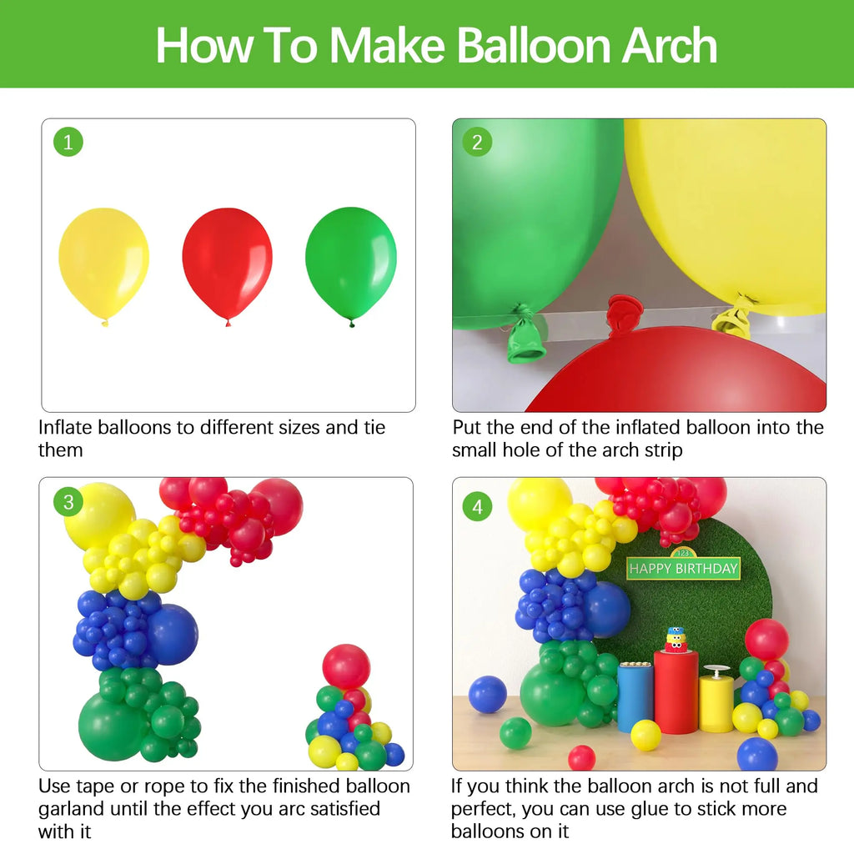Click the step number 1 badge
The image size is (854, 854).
tap(68, 143)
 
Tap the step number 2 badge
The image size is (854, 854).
tap(477, 143)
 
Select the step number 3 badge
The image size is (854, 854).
tap(68, 502)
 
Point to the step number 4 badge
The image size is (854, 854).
tap(477, 506)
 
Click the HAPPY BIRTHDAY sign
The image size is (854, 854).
tap(684, 569)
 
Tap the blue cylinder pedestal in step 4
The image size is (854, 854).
tap(635, 697)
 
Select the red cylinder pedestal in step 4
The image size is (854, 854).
tap(676, 691)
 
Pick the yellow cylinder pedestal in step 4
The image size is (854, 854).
tap(716, 702)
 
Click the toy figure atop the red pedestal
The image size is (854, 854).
tap(676, 639)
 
